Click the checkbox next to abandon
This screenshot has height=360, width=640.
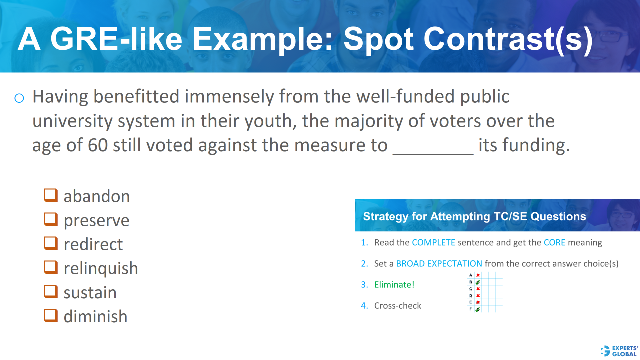(50, 195)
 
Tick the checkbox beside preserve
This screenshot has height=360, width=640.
(50, 219)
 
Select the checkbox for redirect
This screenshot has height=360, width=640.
(50, 243)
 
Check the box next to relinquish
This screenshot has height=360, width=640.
(50, 267)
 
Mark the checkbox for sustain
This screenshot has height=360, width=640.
(50, 291)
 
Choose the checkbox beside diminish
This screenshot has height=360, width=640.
(50, 315)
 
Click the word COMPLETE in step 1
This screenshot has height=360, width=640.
(433, 243)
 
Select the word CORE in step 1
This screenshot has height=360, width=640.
(554, 243)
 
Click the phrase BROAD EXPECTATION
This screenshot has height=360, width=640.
(439, 264)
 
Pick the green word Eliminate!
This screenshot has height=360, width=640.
(394, 285)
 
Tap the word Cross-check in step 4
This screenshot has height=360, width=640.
(397, 306)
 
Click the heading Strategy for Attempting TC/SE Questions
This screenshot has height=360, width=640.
(474, 217)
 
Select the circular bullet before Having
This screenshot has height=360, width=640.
(19, 98)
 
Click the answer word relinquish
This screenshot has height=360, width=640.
(101, 268)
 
